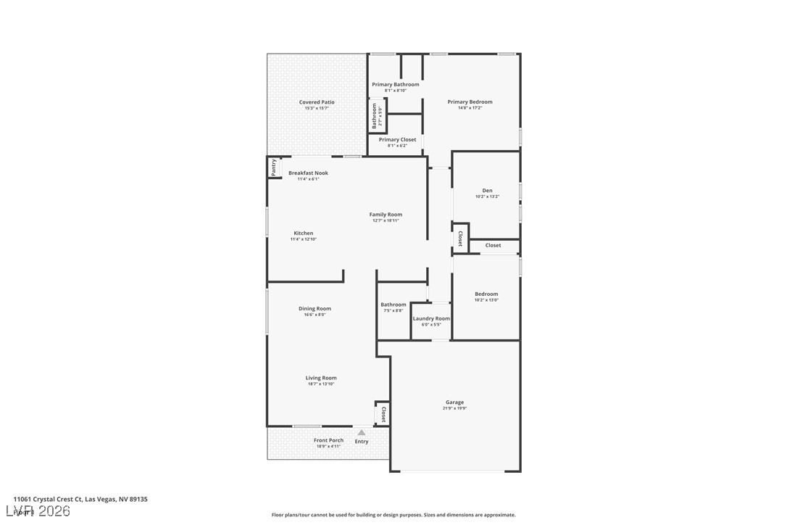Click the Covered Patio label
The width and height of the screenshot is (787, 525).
317,102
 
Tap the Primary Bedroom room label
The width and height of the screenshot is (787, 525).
470,102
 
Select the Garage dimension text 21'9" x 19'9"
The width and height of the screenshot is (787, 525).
455,408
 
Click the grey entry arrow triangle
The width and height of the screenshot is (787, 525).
362,433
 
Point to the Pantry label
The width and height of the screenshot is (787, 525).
274,168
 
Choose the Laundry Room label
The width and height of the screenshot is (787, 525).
431,318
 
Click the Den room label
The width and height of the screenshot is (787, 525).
487,191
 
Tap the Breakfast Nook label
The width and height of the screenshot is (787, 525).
308,173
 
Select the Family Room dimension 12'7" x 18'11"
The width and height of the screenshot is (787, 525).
386,220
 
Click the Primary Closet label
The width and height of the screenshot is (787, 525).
397,140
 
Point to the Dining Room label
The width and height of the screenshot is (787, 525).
315,309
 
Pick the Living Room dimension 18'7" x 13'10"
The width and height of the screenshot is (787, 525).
321,384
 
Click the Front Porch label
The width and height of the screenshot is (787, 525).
328,440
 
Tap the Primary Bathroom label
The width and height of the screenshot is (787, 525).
396,85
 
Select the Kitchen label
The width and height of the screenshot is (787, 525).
304,233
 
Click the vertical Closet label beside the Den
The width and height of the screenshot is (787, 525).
460,239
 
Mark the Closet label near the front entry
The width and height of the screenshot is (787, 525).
383,414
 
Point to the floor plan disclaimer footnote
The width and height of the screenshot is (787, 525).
393,515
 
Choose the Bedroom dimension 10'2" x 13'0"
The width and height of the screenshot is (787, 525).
486,300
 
